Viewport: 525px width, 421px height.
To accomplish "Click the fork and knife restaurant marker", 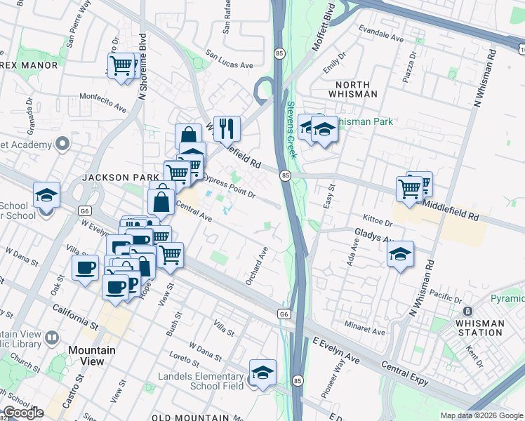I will pos(227,128).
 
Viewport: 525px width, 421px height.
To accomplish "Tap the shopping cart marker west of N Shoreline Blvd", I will pos(122,66).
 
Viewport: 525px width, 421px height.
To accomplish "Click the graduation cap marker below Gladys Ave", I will pos(400,253).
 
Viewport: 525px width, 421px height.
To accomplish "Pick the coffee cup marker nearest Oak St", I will pos(86,267).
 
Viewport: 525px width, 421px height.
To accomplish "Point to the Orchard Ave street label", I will pos(257,265).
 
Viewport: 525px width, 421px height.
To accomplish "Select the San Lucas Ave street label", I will pos(229,59).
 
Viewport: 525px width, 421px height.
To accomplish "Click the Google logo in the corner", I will pos(23,413).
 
